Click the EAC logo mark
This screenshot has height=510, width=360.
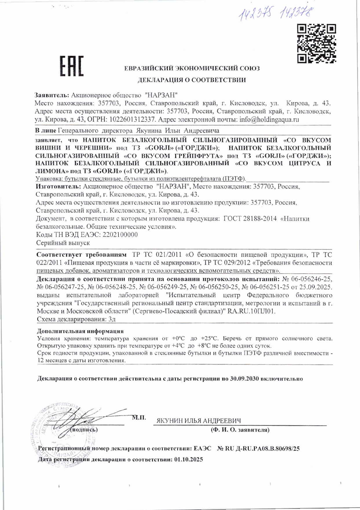[72, 66]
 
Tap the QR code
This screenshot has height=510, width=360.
[317, 43]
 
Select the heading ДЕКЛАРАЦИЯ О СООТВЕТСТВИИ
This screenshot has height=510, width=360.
[192, 80]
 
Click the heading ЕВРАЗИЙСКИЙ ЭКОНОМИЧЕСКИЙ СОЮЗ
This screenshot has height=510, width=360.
[192, 69]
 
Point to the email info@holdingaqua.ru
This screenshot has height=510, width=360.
[269, 120]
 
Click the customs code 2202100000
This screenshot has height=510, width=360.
[120, 235]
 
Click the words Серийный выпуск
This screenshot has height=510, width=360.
[63, 243]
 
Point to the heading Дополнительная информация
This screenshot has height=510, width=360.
[80, 331]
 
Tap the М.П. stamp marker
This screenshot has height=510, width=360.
[139, 418]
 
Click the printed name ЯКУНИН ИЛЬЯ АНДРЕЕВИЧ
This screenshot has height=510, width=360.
[199, 421]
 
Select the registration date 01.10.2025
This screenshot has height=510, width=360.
[189, 460]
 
